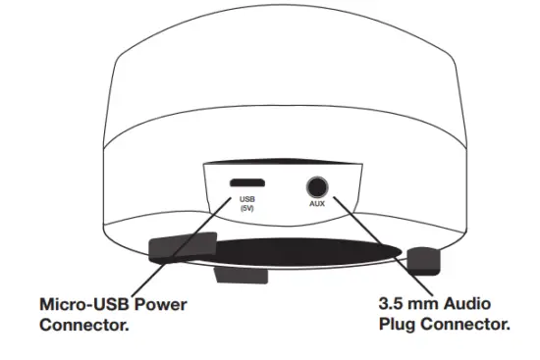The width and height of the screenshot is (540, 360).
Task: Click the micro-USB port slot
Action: [245, 183]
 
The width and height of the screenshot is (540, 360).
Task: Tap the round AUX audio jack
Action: [316, 185]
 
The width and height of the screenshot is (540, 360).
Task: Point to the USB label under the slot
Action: [245, 201]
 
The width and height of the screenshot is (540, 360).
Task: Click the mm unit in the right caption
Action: [431, 305]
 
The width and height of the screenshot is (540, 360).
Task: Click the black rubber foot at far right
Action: [424, 260]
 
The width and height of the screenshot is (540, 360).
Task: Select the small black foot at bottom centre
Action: [238, 275]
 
